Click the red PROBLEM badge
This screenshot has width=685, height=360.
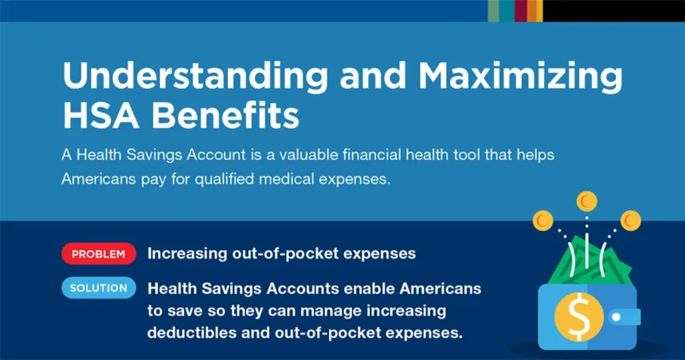pos(99,254)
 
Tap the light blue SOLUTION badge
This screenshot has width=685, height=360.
pos(99,288)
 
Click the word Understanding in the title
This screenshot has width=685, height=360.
pos(195,76)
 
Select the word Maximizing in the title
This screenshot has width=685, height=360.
pos(520,76)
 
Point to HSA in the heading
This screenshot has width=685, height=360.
pos(101,115)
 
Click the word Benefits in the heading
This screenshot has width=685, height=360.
pos(225,115)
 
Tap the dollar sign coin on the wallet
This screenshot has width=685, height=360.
pos(579,317)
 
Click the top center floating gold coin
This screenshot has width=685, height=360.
pos(587,202)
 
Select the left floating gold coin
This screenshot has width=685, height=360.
pos(543,221)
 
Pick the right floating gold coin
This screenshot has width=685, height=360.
pos(631,221)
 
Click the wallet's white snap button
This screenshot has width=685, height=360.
pos(616,317)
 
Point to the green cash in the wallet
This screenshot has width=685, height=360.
pos(588,262)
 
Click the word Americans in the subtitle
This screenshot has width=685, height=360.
pos(99,179)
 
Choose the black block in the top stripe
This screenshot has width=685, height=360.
pos(614,10)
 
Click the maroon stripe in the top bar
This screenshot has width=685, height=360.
pos(521,10)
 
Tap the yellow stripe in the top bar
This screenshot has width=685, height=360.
pos(540,10)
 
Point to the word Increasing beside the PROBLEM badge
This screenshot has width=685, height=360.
pos(187,254)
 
